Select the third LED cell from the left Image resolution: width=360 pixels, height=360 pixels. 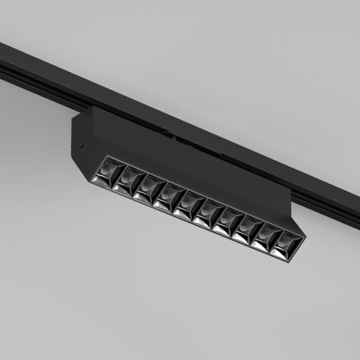pos(147,188)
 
